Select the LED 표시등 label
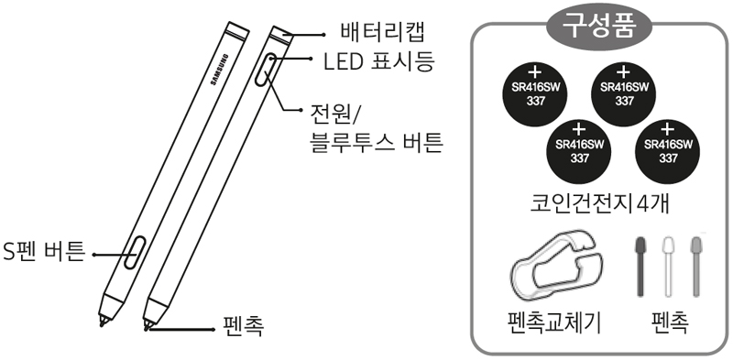pyautogui.click(x=377, y=62)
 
